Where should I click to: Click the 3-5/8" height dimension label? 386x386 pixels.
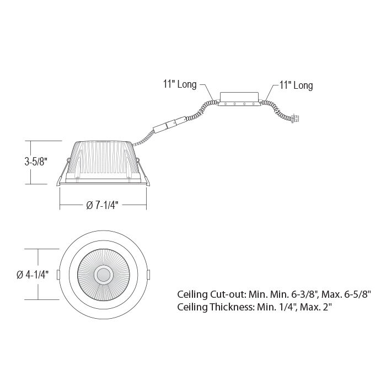(36, 162)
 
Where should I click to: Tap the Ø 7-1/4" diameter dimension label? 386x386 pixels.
(103, 205)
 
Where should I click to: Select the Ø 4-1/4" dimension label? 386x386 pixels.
(33, 275)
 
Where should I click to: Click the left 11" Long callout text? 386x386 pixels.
(180, 84)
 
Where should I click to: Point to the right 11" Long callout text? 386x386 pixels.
(296, 85)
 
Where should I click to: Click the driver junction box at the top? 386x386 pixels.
(239, 99)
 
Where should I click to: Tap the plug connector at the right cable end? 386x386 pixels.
(295, 119)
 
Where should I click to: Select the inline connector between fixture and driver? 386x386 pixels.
(169, 125)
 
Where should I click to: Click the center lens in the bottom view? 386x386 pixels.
(104, 275)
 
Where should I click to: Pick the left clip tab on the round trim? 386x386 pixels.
(58, 275)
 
